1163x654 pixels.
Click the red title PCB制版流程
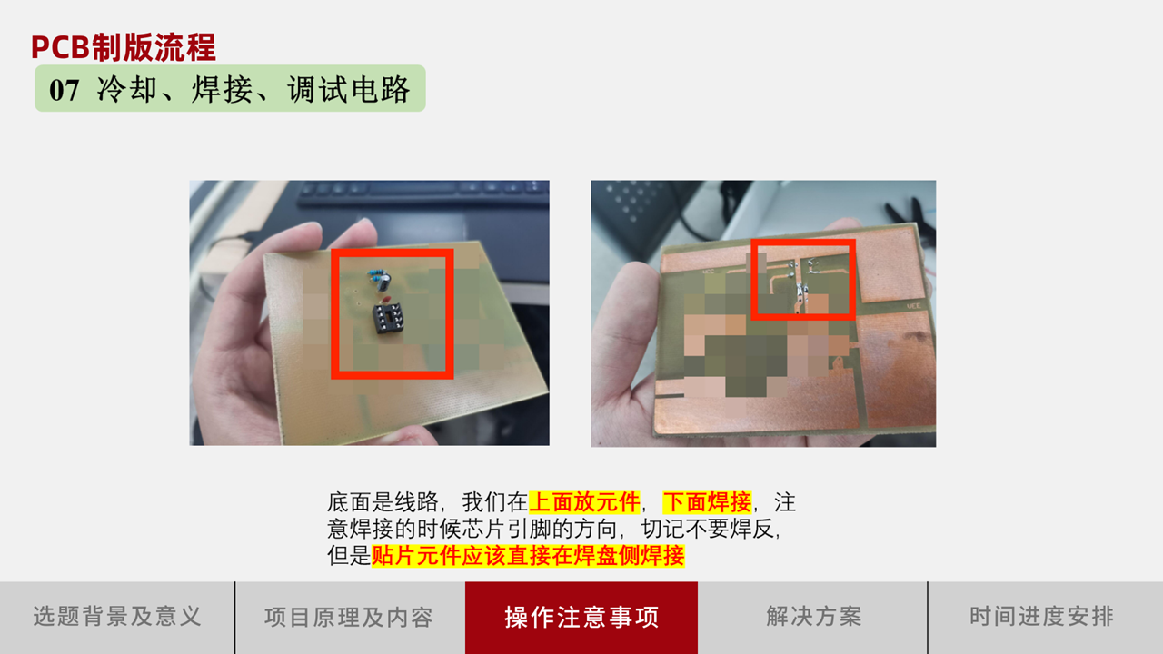click(x=123, y=47)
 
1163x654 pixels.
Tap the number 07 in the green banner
click(x=64, y=90)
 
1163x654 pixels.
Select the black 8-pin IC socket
click(x=388, y=318)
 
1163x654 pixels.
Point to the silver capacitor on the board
click(x=383, y=282)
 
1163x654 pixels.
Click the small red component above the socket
click(x=386, y=300)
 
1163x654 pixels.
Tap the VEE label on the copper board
click(x=913, y=306)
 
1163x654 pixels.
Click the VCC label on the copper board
click(x=708, y=272)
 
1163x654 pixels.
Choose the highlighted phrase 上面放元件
click(x=584, y=502)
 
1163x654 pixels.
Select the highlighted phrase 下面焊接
click(x=707, y=502)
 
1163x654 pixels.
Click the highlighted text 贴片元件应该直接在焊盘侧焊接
click(x=528, y=555)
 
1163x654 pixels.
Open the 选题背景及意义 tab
click(x=117, y=617)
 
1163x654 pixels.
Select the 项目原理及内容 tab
click(x=349, y=617)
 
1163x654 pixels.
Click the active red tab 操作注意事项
click(x=581, y=617)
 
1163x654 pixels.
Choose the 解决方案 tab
click(x=813, y=617)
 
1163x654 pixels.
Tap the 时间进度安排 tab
click(x=1041, y=617)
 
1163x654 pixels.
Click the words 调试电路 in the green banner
click(x=349, y=89)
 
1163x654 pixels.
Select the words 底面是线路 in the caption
click(x=383, y=502)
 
